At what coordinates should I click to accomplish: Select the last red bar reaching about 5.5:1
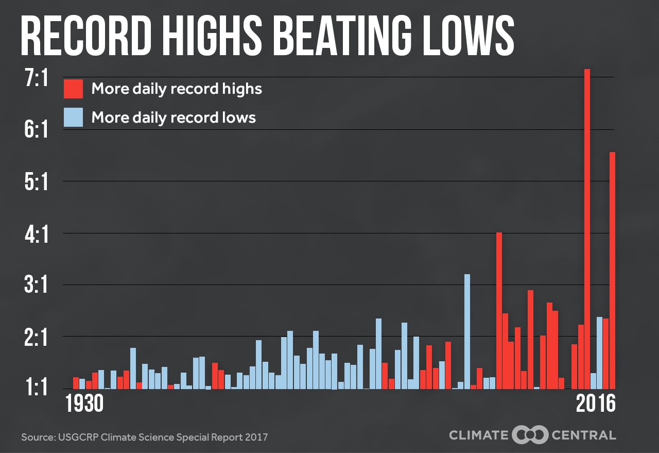tap(612, 268)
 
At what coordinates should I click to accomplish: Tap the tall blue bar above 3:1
tap(467, 330)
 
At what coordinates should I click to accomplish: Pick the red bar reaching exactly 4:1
tap(499, 309)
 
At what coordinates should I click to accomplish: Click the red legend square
tap(73, 89)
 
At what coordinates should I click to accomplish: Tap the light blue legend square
tap(73, 118)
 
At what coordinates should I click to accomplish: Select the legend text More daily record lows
tap(174, 118)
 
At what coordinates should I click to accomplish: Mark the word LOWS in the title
tap(467, 36)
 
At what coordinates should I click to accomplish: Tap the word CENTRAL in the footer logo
tap(583, 435)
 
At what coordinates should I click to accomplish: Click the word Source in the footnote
tap(36, 437)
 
